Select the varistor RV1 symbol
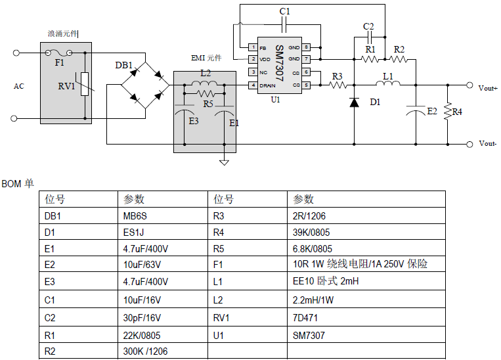(85, 85)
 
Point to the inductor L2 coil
(205, 85)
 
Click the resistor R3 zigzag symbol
(337, 85)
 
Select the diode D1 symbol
(355, 102)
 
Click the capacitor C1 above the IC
(284, 24)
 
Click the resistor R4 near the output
(448, 112)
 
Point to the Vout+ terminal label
(488, 87)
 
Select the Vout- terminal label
(487, 144)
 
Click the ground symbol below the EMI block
(224, 161)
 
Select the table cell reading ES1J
(133, 232)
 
